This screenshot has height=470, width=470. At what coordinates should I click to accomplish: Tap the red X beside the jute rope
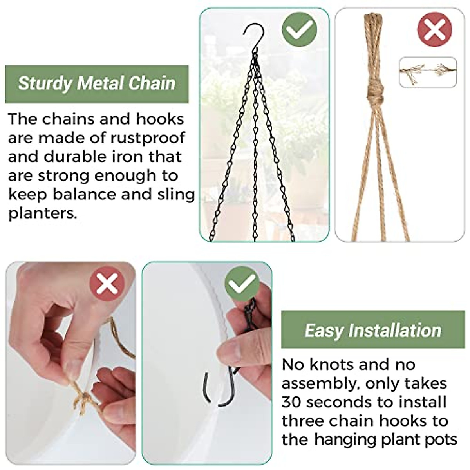[434, 30]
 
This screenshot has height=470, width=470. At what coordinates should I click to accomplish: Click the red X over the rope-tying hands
[107, 284]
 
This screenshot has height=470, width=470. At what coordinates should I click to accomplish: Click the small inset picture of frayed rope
[428, 72]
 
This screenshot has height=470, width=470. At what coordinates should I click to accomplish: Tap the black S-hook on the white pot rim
[219, 388]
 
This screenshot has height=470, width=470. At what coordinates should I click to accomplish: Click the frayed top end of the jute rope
[374, 18]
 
